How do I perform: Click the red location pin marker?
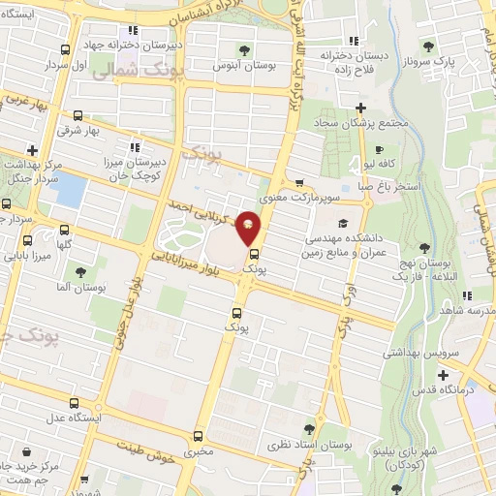click(249, 230)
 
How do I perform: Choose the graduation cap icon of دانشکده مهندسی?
click(342, 223)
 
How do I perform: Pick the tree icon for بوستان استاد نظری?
click(309, 429)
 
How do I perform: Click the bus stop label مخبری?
click(200, 452)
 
